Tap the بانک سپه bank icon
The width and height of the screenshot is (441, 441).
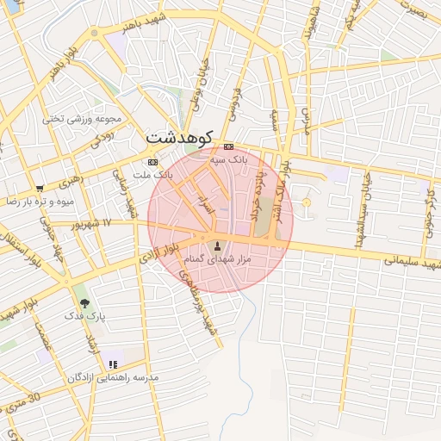click(228, 146)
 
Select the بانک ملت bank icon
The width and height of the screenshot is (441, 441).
click(152, 162)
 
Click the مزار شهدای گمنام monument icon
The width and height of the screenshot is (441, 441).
click(217, 246)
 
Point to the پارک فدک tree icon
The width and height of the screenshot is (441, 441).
click(84, 303)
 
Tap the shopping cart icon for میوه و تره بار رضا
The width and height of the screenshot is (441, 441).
click(40, 188)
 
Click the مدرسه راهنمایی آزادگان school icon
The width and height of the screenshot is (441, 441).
click(113, 365)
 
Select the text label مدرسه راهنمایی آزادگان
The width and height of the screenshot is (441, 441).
click(117, 378)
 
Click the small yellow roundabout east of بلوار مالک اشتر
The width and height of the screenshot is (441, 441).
click(306, 202)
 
